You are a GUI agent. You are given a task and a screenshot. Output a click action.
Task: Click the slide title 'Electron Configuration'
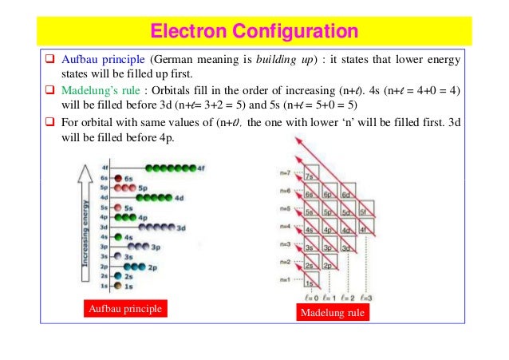tap(254, 32)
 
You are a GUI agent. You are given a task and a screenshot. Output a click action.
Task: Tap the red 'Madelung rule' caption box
tap(331, 312)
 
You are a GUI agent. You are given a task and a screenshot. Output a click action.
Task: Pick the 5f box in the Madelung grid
tap(365, 213)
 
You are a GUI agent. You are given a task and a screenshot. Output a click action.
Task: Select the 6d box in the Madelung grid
tap(347, 195)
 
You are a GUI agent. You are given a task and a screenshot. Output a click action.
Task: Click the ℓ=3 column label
tap(365, 299)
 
